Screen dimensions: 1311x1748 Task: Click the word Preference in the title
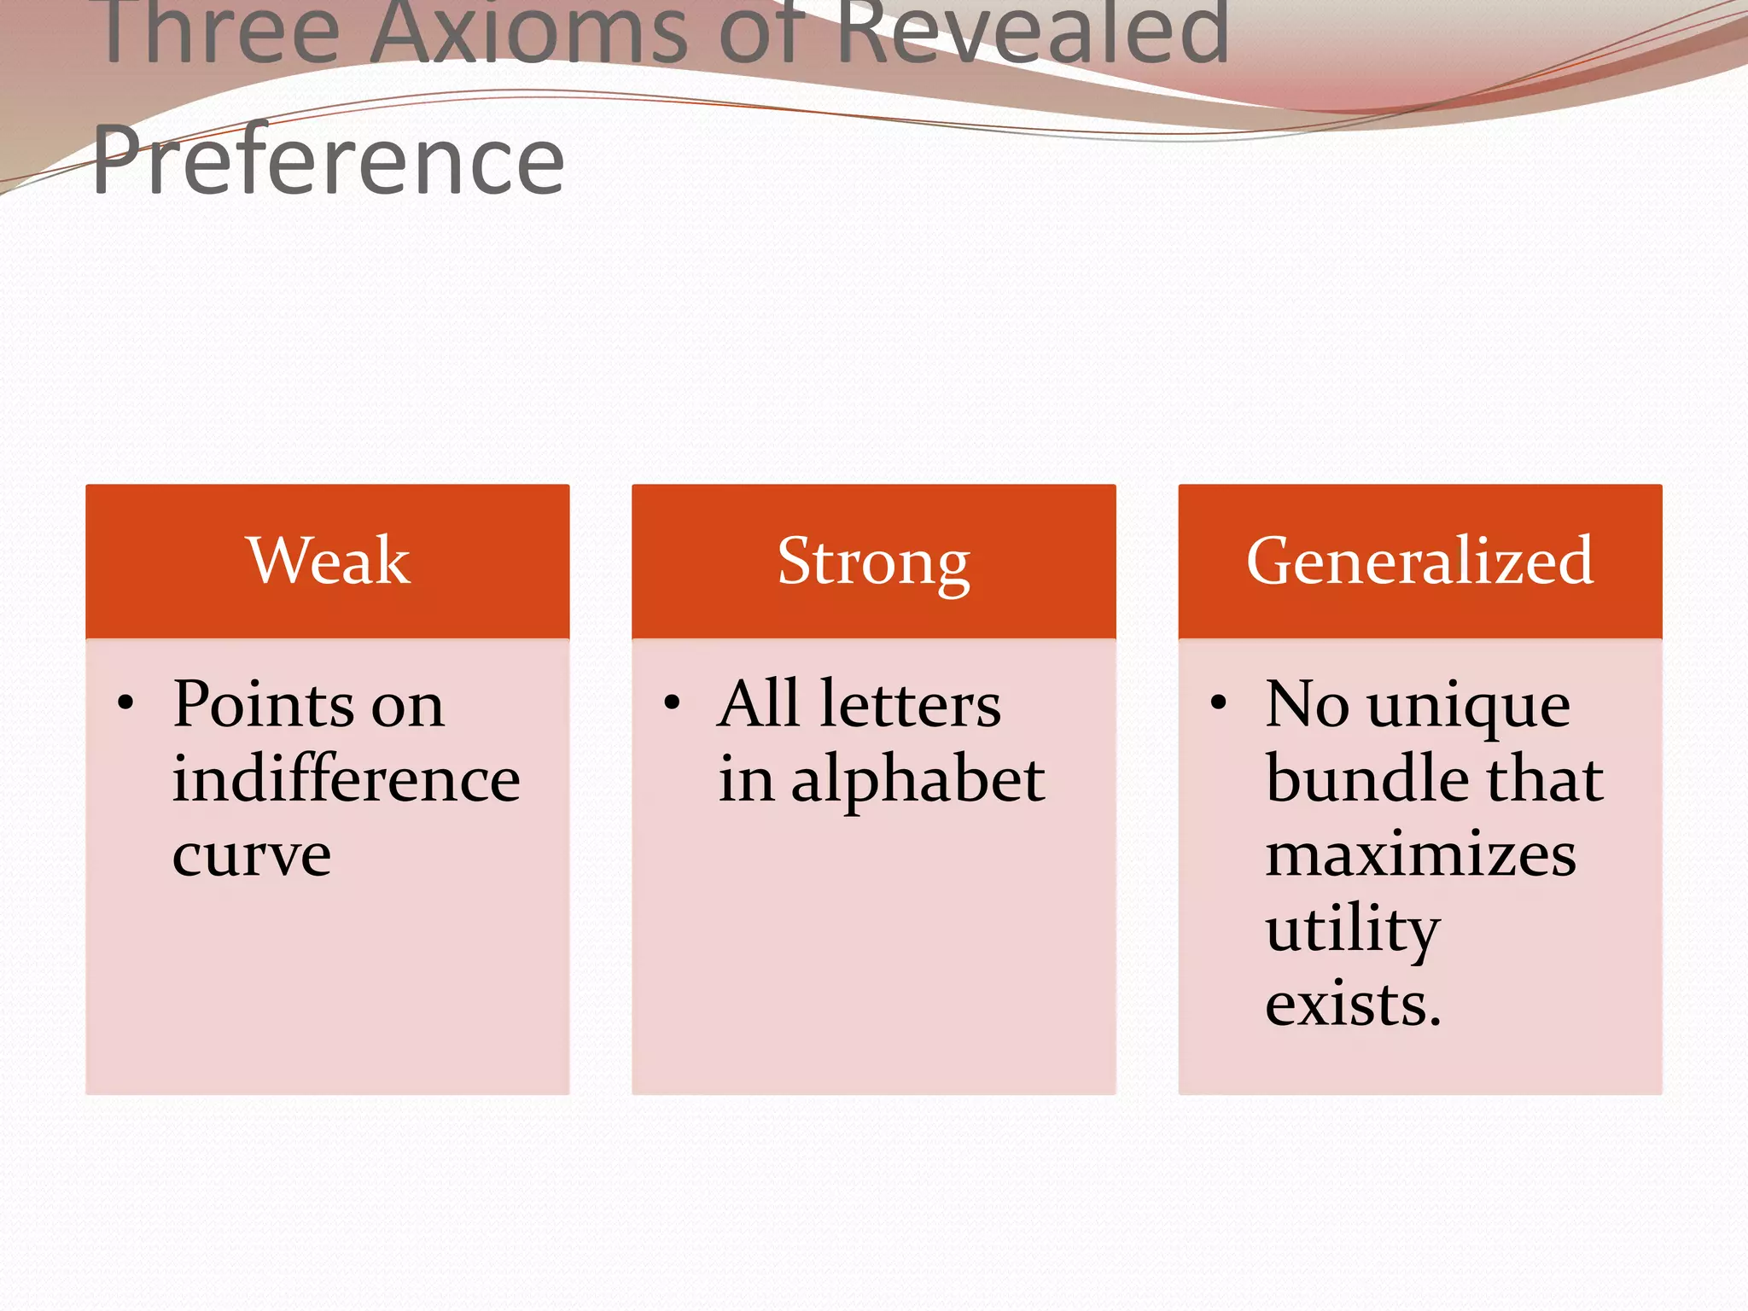coord(329,160)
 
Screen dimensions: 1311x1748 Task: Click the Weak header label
coord(329,561)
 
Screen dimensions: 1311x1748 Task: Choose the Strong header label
coord(873,562)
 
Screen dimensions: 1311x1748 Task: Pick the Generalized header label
coord(1419,561)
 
